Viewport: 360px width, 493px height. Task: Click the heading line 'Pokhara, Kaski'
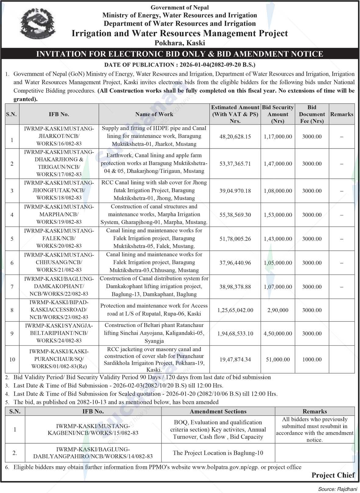[180, 43]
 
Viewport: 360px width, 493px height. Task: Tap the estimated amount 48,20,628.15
[235, 137]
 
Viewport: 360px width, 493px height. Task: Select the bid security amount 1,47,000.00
[278, 164]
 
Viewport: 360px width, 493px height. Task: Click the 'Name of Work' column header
[154, 114]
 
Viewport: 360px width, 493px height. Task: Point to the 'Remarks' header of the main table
[342, 114]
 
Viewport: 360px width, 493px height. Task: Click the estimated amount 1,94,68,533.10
[235, 334]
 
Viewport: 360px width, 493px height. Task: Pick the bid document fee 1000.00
[312, 360]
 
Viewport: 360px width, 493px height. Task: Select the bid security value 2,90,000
[278, 310]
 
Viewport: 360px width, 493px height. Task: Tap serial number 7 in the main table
[12, 287]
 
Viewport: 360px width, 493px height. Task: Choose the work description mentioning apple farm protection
[154, 164]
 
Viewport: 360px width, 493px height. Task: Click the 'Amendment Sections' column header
[218, 412]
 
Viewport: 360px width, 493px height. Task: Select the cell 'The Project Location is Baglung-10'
[218, 453]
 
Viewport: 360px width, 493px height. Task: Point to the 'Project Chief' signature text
[333, 475]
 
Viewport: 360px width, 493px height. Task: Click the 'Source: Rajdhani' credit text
[337, 489]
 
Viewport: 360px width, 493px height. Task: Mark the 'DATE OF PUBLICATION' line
[180, 65]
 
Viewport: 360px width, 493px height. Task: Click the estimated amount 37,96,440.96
[235, 263]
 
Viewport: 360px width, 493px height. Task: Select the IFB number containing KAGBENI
[93, 430]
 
